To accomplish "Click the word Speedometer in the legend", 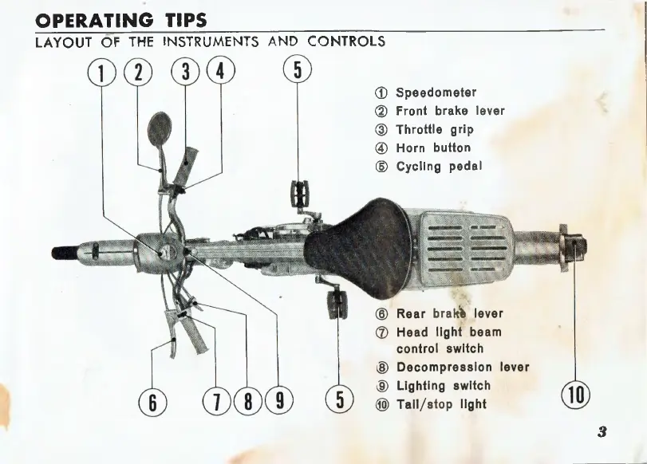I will click(436, 92).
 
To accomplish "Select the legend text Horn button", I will click(433, 147).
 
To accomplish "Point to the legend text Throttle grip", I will click(434, 129).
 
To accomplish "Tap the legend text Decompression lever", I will click(463, 368).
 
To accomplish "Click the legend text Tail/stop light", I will click(441, 404).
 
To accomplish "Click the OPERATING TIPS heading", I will click(122, 19).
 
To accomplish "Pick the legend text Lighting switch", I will click(443, 386).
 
